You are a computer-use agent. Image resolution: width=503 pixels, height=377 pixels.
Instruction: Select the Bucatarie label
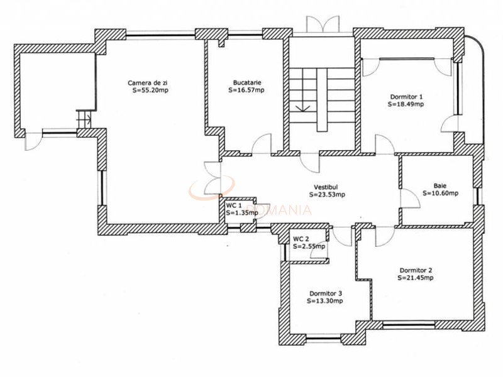pyautogui.click(x=246, y=82)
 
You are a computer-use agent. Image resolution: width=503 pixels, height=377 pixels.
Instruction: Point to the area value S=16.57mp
pyautogui.click(x=246, y=90)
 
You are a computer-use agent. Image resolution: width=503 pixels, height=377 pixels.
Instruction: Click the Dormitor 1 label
pyautogui.click(x=406, y=96)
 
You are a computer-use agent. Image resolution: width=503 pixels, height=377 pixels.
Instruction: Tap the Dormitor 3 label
pyautogui.click(x=325, y=293)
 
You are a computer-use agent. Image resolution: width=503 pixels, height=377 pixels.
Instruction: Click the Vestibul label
pyautogui.click(x=326, y=187)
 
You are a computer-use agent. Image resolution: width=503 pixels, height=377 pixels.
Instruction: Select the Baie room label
pyautogui.click(x=440, y=185)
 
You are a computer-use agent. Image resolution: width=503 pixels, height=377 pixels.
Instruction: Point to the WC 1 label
pyautogui.click(x=234, y=205)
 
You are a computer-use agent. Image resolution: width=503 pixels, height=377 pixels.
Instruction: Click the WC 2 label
pyautogui.click(x=301, y=239)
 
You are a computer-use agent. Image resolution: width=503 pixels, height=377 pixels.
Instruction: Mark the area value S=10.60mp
pyautogui.click(x=440, y=193)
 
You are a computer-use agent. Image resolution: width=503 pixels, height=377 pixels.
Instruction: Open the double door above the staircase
pyautogui.click(x=322, y=24)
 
